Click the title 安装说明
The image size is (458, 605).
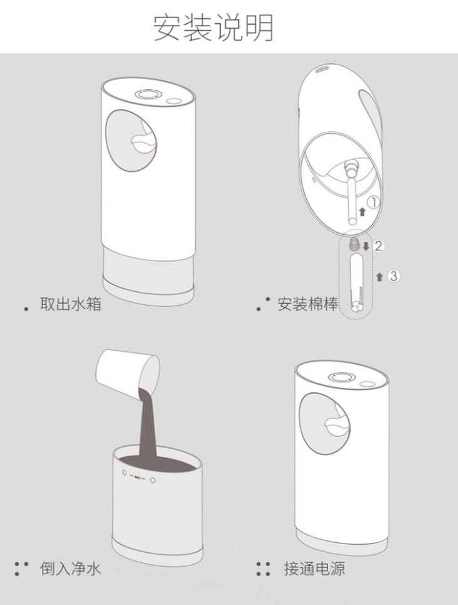coord(213,28)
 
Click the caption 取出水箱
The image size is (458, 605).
coord(71,304)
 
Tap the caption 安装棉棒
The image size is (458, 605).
coord(308,304)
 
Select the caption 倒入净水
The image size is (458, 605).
coord(71,569)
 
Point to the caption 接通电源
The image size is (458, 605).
coord(314,569)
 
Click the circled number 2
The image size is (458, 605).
coord(378,246)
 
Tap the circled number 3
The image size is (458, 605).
coord(393,276)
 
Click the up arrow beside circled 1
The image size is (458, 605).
coord(362,211)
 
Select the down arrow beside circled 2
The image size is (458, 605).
coord(366,246)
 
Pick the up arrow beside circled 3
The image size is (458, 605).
coord(380,277)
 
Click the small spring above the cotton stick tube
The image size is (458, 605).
coord(353,244)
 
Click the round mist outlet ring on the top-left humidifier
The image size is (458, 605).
coord(147,95)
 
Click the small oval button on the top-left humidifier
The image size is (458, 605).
coord(174,101)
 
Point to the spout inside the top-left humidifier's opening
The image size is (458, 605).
coord(143,143)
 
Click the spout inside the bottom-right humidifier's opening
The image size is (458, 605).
coord(337,426)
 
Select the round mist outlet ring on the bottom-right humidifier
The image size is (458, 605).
coord(341,377)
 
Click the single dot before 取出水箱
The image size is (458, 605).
coord(26,309)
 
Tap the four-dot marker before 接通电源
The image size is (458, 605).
coord(263,569)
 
